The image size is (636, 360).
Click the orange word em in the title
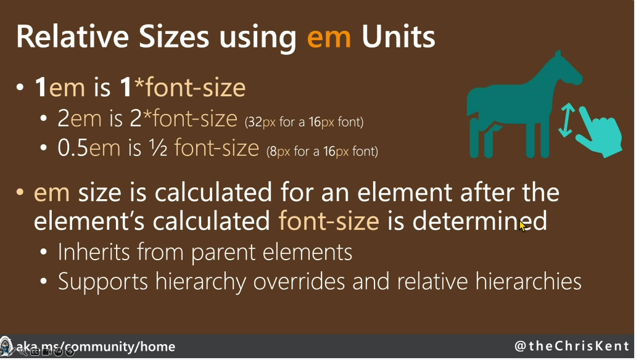329,38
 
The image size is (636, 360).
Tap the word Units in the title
398,36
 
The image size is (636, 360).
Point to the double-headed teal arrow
567,120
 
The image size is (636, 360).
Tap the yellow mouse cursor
523,226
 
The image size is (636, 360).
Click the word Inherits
93,252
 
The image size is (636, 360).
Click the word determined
479,221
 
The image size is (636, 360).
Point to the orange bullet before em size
20,192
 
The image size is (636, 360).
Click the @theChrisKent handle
572,346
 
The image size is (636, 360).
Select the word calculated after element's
212,221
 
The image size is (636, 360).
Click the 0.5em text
89,148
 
